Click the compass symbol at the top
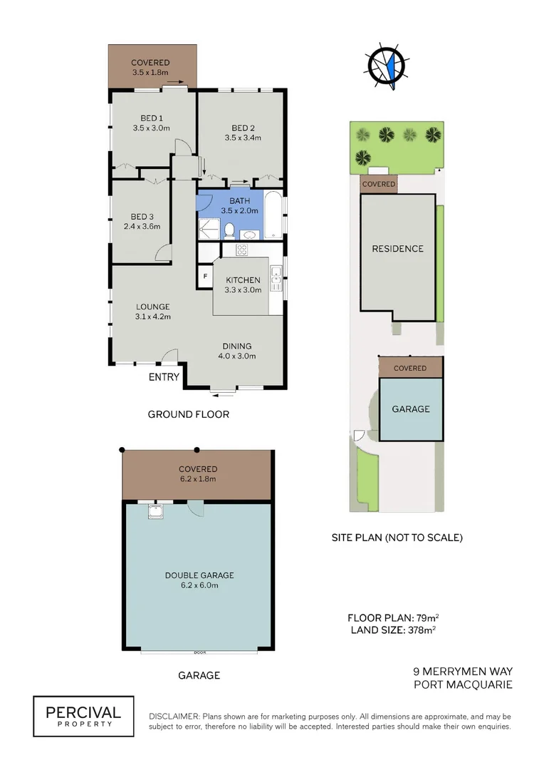coord(387,66)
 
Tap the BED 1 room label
coord(152,118)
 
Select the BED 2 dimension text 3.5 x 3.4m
coord(243,138)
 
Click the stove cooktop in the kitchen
coord(241,250)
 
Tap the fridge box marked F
coord(205,275)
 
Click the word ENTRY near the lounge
coord(164,377)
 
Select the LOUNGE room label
coord(152,307)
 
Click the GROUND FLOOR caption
coord(188,414)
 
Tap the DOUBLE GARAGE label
coord(199,575)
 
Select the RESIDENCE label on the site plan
coord(397,249)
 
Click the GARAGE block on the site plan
coord(411,409)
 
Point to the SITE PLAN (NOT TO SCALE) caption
coord(397,538)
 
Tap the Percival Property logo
coord(83,716)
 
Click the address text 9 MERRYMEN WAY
coord(463,672)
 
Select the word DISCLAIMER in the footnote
coord(174,716)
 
